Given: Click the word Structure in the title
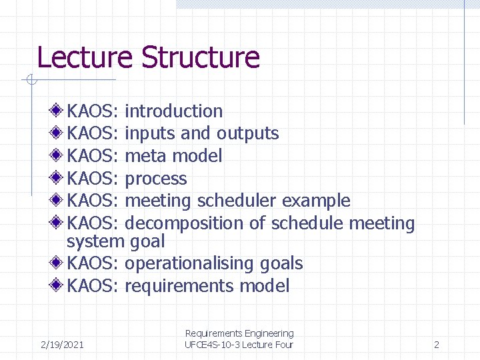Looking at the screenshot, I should point(200,57).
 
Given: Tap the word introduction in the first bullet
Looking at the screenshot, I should point(173,111).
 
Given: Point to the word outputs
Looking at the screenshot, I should point(248,133).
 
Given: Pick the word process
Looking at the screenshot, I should point(156,179).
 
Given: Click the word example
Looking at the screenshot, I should point(316,201).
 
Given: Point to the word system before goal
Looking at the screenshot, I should point(95,241).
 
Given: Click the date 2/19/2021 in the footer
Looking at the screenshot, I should point(62,345).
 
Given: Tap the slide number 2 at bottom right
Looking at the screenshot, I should point(436,345).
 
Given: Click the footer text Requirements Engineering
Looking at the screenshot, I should point(239,333).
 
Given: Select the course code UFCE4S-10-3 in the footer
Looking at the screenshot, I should point(213,345).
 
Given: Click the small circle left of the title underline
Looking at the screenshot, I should point(30,81).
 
